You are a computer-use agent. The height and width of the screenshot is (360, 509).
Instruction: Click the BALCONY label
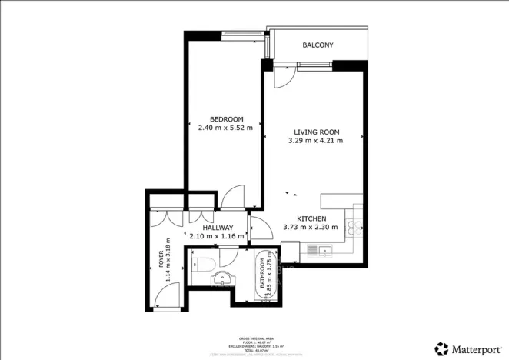tap(318, 45)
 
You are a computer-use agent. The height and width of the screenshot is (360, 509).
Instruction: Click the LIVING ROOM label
tap(314, 131)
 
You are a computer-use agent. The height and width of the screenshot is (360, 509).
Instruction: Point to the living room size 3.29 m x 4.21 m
tap(314, 141)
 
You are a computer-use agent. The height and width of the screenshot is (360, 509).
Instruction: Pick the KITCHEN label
tap(311, 218)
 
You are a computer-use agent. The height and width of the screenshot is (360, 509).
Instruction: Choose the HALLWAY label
tap(218, 228)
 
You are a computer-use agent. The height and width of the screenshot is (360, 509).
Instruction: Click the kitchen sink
tap(321, 249)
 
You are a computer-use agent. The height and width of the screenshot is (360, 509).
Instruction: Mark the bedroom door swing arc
tap(231, 198)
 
